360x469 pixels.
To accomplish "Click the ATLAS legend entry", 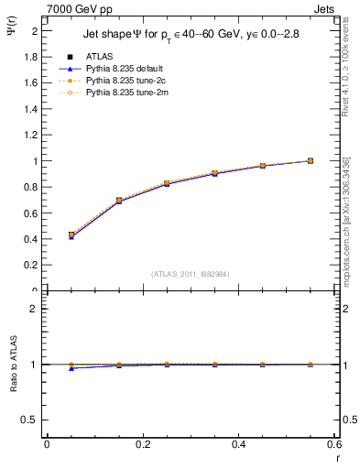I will click(x=99, y=57).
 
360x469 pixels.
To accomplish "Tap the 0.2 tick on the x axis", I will click(x=142, y=444).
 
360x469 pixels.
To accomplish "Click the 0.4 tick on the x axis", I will click(x=239, y=444).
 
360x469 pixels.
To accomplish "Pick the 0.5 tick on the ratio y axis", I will click(x=31, y=420).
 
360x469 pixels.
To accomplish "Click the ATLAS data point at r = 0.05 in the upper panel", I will click(x=71, y=234).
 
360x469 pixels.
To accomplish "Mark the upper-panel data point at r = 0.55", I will click(x=311, y=161).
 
